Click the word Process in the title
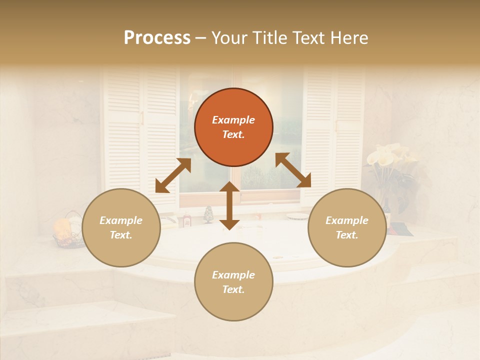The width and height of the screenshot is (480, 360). (157, 38)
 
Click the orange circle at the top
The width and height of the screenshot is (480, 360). (233, 127)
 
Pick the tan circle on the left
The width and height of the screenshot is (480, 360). (121, 227)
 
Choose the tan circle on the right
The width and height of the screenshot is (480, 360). (347, 227)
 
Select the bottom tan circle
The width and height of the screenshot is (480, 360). (233, 282)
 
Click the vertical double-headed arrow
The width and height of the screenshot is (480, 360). (229, 205)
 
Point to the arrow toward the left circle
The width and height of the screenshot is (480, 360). (173, 175)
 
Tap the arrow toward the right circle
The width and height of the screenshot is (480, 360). (293, 170)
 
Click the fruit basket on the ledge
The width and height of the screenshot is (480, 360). (69, 232)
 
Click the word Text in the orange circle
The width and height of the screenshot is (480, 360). (233, 134)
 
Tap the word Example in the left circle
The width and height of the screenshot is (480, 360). (121, 220)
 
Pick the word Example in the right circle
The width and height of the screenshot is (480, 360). (347, 220)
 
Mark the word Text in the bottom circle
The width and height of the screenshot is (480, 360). (233, 289)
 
